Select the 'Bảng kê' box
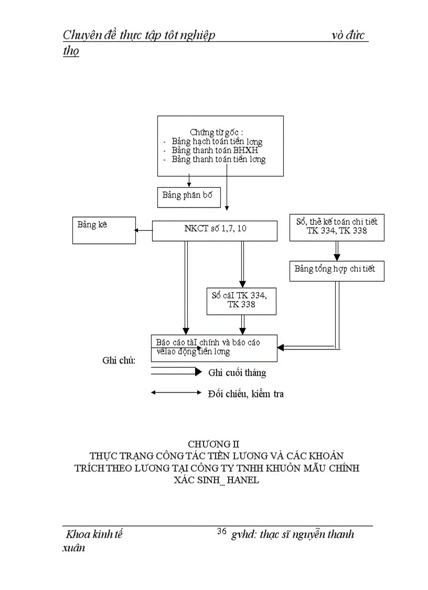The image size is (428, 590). pyautogui.click(x=104, y=230)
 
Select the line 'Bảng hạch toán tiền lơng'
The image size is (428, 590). pyautogui.click(x=217, y=141)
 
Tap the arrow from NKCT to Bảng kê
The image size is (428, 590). pyautogui.click(x=143, y=230)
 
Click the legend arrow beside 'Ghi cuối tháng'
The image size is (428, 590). pyautogui.click(x=176, y=372)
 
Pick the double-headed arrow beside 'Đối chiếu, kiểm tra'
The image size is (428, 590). pyautogui.click(x=176, y=392)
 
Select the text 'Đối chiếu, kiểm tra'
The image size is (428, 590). pyautogui.click(x=245, y=394)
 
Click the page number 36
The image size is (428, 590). pyautogui.click(x=221, y=531)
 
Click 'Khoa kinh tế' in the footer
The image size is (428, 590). pyautogui.click(x=94, y=535)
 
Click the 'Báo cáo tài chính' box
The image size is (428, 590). pyautogui.click(x=214, y=348)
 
